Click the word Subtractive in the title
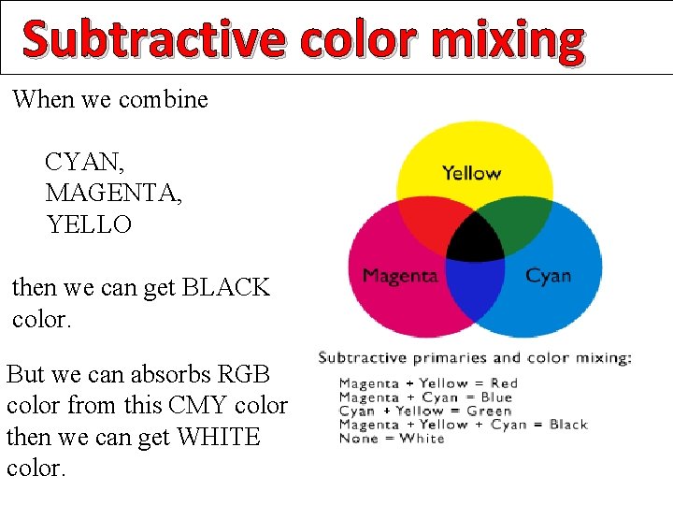pos(151,39)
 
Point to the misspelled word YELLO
pos(90,224)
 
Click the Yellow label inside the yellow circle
pos(471,173)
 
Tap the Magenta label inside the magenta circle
pos(400,276)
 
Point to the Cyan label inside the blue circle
pos(548,276)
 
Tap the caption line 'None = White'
pos(392,439)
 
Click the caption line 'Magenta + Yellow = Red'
pos(428,382)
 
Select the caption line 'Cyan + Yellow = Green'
pos(425,411)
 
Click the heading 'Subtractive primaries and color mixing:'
pos(475,358)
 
